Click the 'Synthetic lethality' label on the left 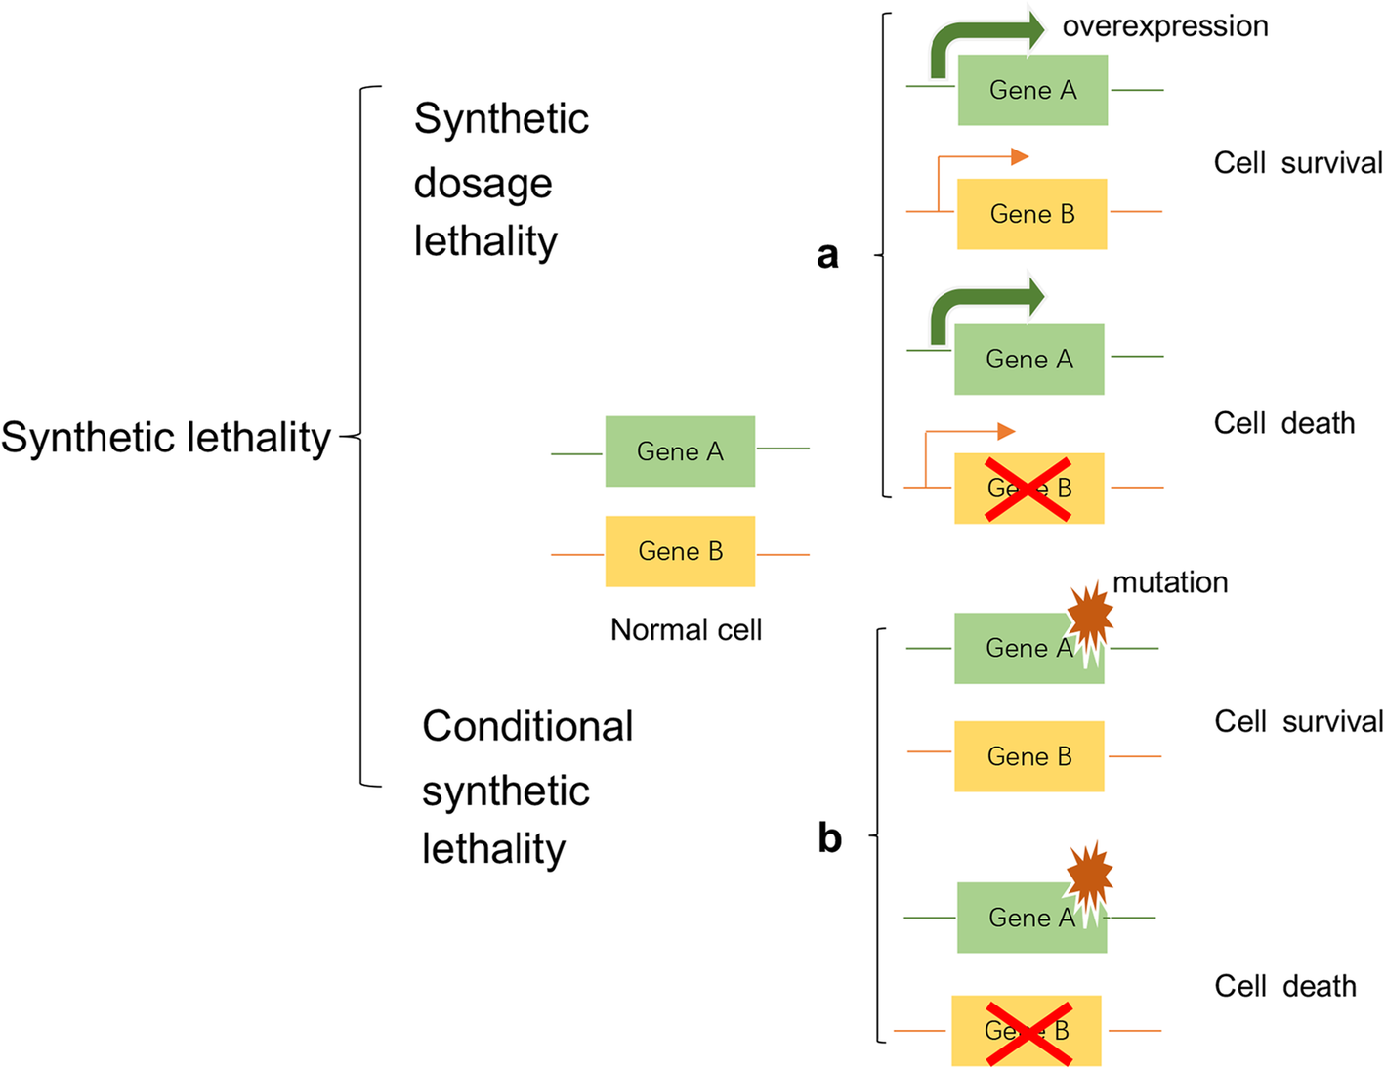click(x=166, y=438)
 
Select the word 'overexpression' click(x=1165, y=26)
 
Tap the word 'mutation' click(x=1170, y=582)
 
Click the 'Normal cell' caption click(x=686, y=630)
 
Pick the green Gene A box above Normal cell click(x=680, y=451)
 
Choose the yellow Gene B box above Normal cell click(x=680, y=551)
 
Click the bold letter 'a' click(x=827, y=255)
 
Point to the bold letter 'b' click(x=829, y=838)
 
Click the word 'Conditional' click(x=527, y=727)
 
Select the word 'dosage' click(x=483, y=184)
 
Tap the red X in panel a click(x=1028, y=489)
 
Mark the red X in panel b click(x=1028, y=1032)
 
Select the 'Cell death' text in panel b click(x=1284, y=987)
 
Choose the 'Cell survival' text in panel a click(x=1297, y=163)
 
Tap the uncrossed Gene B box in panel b click(x=1028, y=756)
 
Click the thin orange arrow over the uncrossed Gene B click(x=977, y=157)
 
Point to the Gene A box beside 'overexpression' click(x=1032, y=91)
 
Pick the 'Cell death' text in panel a click(x=1283, y=424)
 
